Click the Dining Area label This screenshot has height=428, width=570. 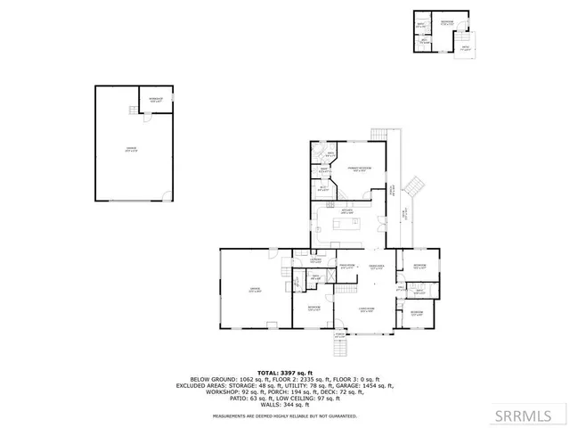[x=376, y=266]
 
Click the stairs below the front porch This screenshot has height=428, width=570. [x=338, y=346]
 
